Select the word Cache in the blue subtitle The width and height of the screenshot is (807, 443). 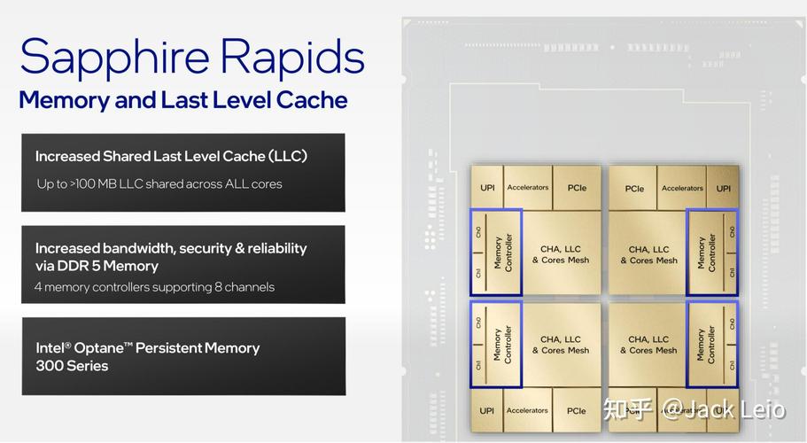[x=312, y=100]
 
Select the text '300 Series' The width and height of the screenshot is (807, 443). [x=72, y=366]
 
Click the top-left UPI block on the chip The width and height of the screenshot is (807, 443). [x=487, y=188]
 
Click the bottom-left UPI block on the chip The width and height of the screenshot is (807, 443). [x=487, y=410]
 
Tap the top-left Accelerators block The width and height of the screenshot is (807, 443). [x=528, y=187]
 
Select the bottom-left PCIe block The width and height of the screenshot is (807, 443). [x=577, y=410]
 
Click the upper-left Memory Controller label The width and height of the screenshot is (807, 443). [x=503, y=253]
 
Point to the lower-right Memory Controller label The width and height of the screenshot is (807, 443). [x=705, y=345]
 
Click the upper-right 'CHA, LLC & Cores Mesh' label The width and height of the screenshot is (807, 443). [x=649, y=254]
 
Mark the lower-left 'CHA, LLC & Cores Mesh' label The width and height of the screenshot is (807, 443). [x=561, y=345]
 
